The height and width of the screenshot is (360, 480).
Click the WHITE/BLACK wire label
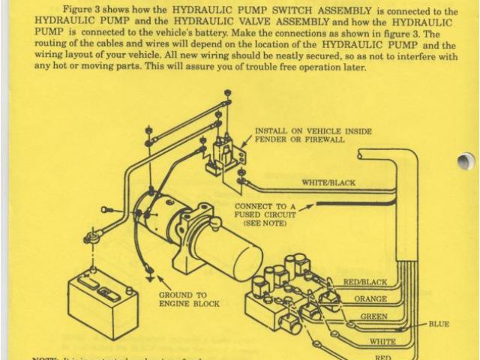point(328,182)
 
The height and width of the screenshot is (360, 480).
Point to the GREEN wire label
point(373,316)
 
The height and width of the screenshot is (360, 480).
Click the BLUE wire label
point(439,324)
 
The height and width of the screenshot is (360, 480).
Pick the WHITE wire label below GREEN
point(382,341)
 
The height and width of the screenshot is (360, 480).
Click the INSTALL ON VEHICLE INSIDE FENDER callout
point(313,135)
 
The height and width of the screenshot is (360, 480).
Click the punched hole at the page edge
point(466,160)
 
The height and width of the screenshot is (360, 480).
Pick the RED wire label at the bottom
point(382,357)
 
